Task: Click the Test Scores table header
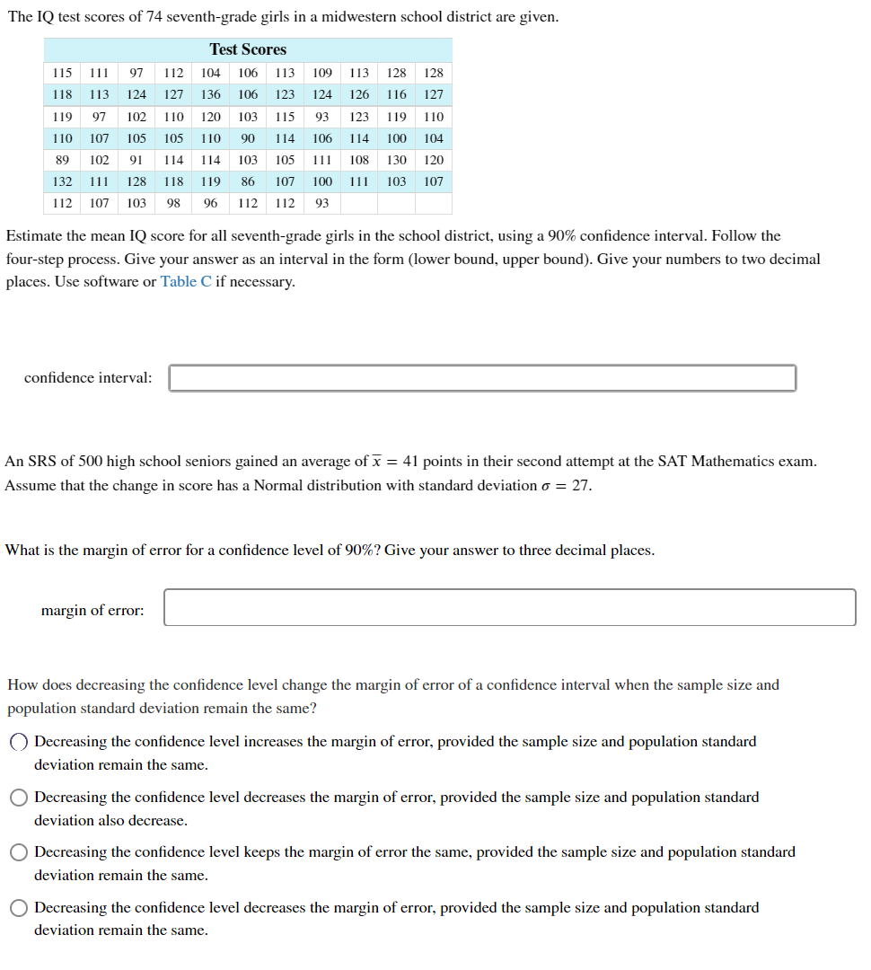[x=248, y=49]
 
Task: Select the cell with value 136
[x=210, y=94]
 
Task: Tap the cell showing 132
[x=62, y=181]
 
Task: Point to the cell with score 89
[x=62, y=160]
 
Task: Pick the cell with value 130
[x=396, y=160]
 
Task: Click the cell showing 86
[x=248, y=181]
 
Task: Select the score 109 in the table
[x=322, y=73]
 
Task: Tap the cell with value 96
[x=210, y=203]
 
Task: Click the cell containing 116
[x=396, y=94]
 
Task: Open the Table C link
[x=186, y=282]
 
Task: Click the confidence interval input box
[x=482, y=378]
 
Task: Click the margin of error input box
[x=509, y=608]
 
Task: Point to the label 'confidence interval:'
[x=88, y=378]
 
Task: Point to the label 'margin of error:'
[x=92, y=611]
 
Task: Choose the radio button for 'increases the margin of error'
[x=19, y=743]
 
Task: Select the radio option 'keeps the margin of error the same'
[x=19, y=852]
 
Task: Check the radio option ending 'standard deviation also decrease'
[x=19, y=798]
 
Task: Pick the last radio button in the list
[x=19, y=908]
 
